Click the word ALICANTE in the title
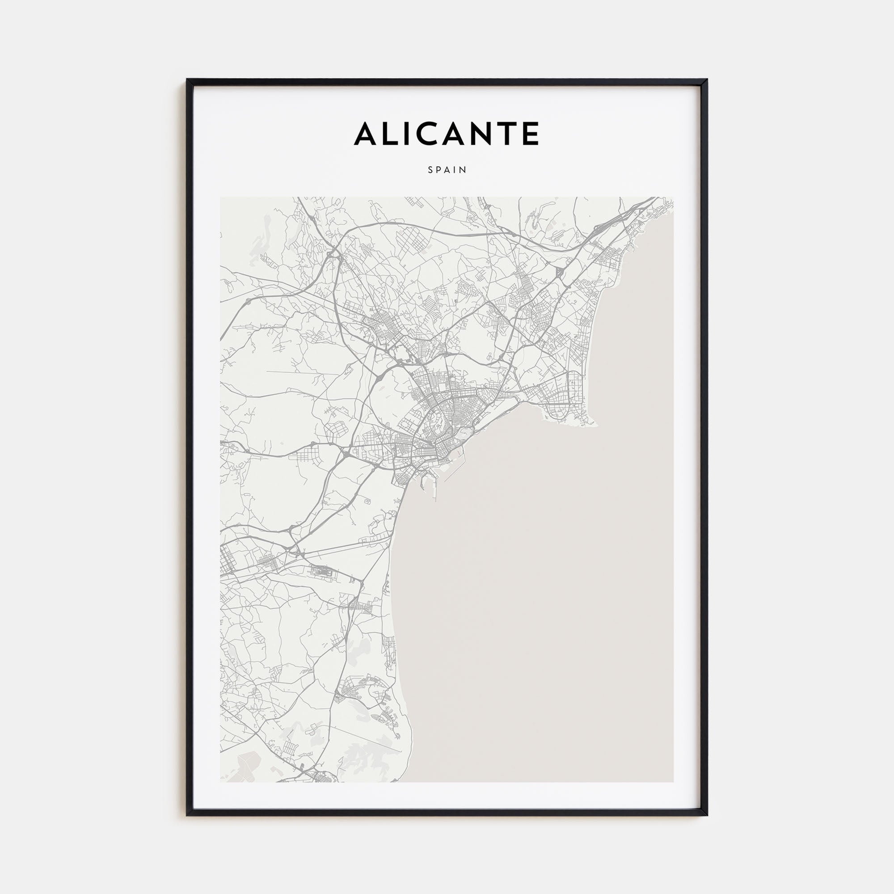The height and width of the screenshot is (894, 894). [x=447, y=134]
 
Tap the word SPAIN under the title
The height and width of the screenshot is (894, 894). [x=447, y=170]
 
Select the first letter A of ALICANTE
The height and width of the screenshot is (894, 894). [x=365, y=134]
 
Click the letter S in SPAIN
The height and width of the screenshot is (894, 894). [x=430, y=170]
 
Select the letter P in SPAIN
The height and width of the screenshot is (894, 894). [x=439, y=170]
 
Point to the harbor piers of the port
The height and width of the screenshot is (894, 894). [x=433, y=481]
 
